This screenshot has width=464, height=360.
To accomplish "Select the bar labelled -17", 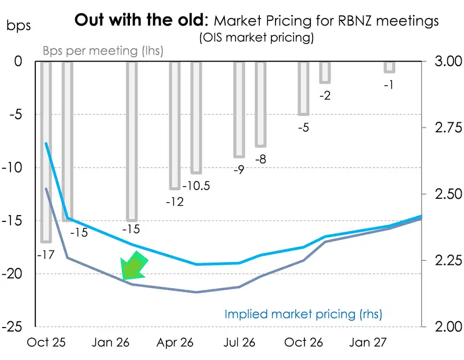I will point(46,151).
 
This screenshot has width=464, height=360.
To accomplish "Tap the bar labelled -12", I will point(175,125).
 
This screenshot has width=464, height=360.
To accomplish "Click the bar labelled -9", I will point(239,109).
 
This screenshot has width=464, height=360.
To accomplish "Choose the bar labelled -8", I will point(260,104).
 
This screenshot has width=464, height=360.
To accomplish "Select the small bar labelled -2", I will point(325,72).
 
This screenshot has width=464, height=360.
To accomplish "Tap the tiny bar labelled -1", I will point(389,67).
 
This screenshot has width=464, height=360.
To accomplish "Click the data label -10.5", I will point(197,186).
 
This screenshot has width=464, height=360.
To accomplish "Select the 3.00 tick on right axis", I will point(445,61).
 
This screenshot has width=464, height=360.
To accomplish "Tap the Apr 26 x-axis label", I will point(172,343).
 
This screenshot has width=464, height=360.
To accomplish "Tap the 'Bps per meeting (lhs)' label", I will point(103,50).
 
